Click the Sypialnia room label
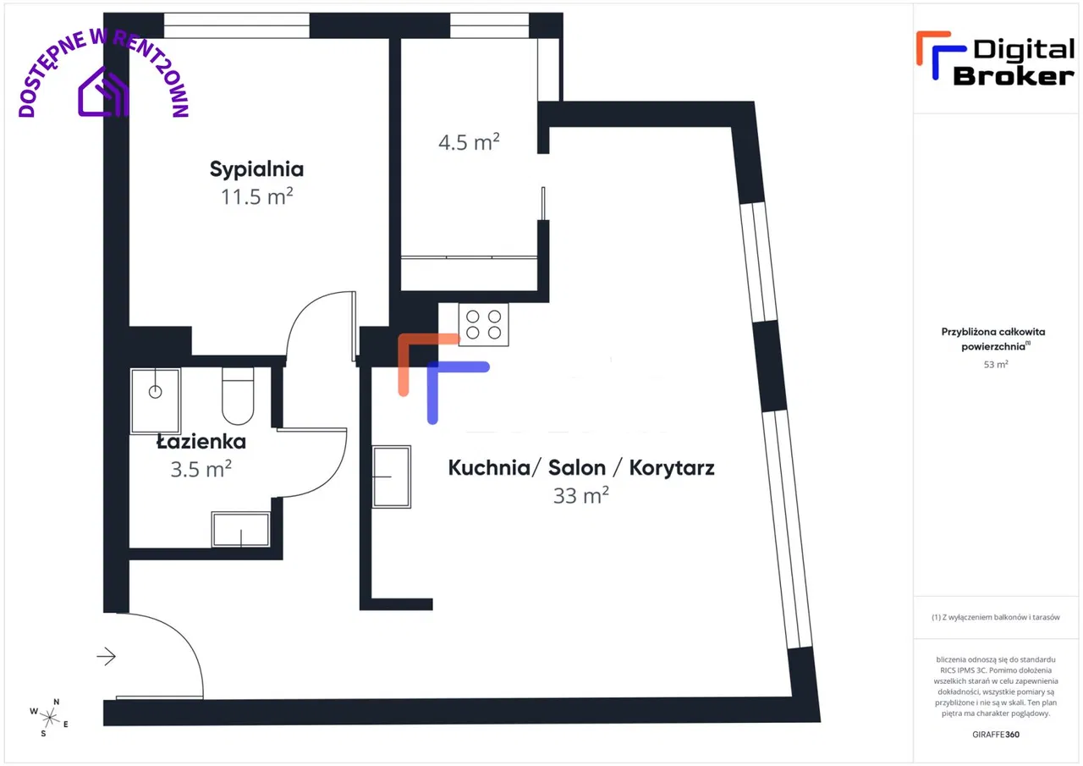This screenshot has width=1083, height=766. [256, 169]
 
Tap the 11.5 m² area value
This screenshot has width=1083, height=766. [256, 197]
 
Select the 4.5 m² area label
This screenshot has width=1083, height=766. [469, 143]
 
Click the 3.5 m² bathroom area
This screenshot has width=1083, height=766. [201, 469]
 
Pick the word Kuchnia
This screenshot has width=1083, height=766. [489, 467]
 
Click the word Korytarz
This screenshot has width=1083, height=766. [672, 467]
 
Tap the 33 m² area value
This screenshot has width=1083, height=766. [581, 496]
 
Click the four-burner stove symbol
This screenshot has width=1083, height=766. [483, 324]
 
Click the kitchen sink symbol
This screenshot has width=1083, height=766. [392, 477]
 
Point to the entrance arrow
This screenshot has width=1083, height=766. [107, 656]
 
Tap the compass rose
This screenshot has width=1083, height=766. [49, 718]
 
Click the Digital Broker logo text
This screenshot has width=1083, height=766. [1014, 63]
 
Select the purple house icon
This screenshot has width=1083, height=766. [103, 92]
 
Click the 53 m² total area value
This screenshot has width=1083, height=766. [996, 364]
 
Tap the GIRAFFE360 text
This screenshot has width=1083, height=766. [996, 734]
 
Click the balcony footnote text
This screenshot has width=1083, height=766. [996, 617]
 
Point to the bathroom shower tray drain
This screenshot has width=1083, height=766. [155, 392]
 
